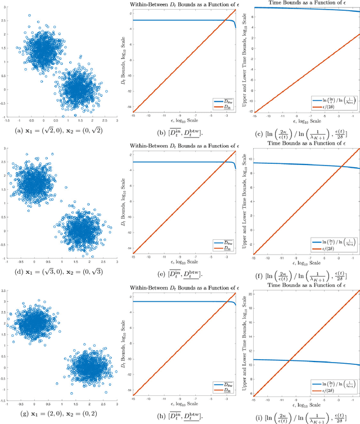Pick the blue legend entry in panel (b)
[221, 101]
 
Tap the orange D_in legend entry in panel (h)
[221, 389]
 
